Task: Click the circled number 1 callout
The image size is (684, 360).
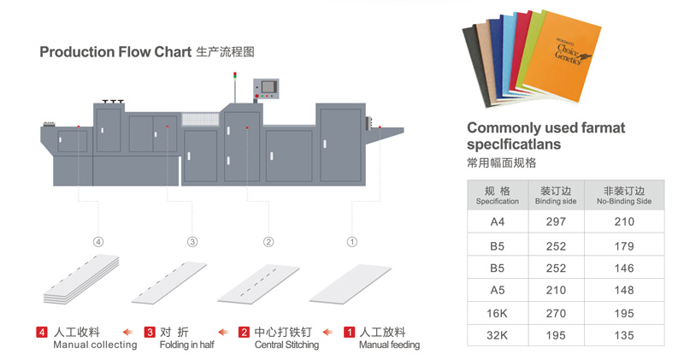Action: (351, 242)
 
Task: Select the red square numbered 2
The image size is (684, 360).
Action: (244, 332)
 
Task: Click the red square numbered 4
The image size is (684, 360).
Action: (41, 332)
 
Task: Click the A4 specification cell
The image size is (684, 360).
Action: (497, 221)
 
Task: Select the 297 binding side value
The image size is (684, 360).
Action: (555, 221)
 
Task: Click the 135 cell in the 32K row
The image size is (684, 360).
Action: (624, 334)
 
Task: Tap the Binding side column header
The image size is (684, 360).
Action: (555, 196)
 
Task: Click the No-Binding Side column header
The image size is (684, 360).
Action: (624, 196)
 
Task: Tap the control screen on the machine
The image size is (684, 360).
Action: (268, 86)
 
